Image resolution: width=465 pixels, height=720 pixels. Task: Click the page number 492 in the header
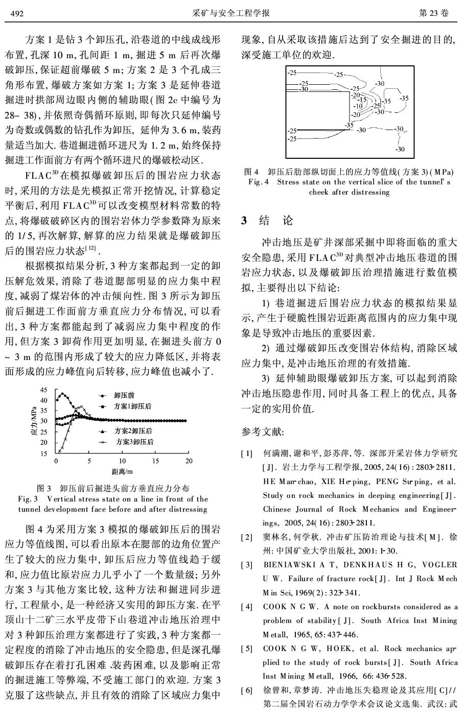[17, 13]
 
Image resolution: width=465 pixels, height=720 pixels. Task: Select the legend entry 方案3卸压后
[134, 442]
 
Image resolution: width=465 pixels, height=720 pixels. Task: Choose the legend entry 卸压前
[124, 395]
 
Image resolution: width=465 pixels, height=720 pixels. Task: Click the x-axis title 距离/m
[122, 471]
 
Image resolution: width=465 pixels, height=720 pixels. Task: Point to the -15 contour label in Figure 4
[363, 100]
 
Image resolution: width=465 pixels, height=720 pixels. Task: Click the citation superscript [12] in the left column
[91, 248]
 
